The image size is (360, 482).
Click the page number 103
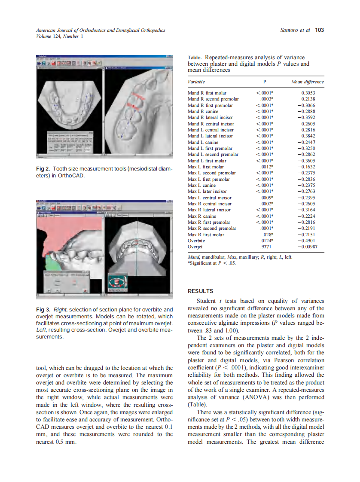[x=319, y=30]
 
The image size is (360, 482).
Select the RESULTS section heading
[x=200, y=291]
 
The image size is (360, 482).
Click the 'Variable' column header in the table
[x=196, y=82]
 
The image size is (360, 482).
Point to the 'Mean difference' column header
[x=307, y=82]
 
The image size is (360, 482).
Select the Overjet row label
[x=195, y=247]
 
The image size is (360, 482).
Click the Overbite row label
[x=196, y=241]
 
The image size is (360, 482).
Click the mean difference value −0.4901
[x=313, y=241]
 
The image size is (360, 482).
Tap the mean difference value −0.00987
[x=311, y=247]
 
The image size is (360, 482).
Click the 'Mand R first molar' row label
[x=207, y=93]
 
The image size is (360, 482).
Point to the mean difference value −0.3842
[x=313, y=136]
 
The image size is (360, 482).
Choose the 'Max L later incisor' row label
[x=207, y=191]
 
